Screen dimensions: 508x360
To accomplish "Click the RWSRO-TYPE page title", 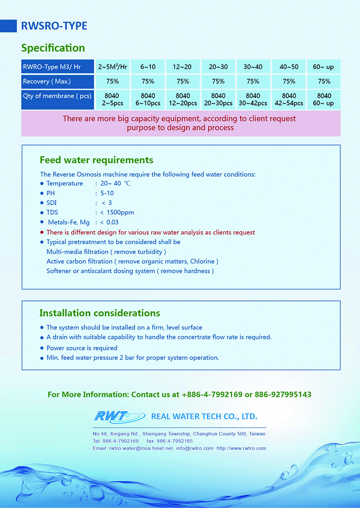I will click(x=54, y=26).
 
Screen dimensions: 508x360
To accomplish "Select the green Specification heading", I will click(x=53, y=48).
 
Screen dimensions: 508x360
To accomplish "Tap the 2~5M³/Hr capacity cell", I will click(x=112, y=67).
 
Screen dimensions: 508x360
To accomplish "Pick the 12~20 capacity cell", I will click(x=182, y=67).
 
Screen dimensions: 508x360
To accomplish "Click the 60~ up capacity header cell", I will click(x=324, y=67).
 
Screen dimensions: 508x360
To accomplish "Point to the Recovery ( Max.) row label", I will click(x=47, y=82).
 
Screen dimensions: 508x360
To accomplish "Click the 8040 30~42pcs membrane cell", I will click(x=253, y=100).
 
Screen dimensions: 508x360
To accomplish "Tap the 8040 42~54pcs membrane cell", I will click(x=289, y=100).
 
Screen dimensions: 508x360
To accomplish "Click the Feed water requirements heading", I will click(x=96, y=160).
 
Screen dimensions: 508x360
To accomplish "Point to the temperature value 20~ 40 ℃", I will click(x=116, y=183).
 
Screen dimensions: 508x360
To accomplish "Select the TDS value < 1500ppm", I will click(x=117, y=213).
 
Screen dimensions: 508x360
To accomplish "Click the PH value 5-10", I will click(x=107, y=193).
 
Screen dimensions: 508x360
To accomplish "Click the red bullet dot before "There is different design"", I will click(x=42, y=232).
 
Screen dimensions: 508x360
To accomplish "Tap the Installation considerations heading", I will click(x=99, y=313).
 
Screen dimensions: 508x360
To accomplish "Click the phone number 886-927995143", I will click(x=283, y=395).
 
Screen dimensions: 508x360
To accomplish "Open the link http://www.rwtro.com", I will click(x=241, y=449).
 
